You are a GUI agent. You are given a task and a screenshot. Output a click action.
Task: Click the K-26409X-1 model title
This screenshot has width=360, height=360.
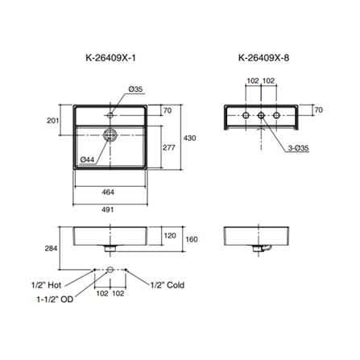tap(111, 58)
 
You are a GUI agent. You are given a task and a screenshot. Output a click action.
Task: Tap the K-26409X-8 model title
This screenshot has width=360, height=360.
tap(263, 58)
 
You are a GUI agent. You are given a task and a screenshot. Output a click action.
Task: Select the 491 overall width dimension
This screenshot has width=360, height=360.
tap(108, 209)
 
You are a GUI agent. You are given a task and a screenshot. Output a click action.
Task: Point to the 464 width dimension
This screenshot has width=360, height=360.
tap(108, 192)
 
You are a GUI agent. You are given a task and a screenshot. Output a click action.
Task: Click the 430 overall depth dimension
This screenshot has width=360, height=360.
tap(190, 138)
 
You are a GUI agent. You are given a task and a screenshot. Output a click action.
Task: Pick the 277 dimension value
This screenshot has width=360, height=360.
tap(169, 147)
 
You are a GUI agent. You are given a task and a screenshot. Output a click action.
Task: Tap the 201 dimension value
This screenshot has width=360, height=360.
tap(53, 121)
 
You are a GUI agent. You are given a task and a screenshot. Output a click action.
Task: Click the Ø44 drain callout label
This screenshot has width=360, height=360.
tap(87, 159)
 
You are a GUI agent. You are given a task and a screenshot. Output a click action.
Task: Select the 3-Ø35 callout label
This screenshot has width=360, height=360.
tap(299, 147)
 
